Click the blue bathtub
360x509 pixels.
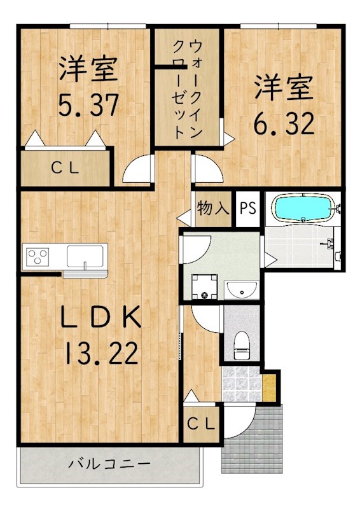point(302,208)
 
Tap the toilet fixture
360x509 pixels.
point(242,344)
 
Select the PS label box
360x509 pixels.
point(248,208)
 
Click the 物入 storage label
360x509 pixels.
point(212,207)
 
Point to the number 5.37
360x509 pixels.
point(88,106)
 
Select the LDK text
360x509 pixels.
point(100,317)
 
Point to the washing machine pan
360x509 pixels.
point(204,288)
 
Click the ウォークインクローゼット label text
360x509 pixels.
point(188,89)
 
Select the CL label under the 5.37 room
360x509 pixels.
point(65,169)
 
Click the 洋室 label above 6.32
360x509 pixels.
point(284,88)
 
